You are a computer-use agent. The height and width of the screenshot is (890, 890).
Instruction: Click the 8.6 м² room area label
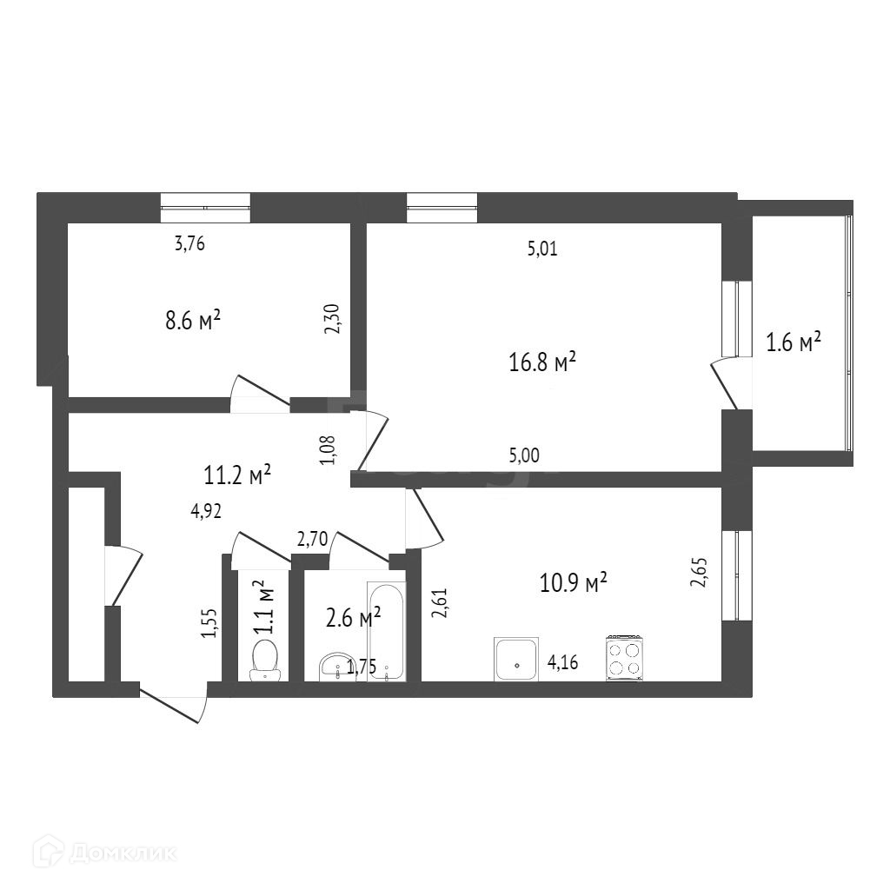(x=192, y=320)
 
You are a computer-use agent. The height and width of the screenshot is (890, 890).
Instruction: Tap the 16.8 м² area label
(x=543, y=362)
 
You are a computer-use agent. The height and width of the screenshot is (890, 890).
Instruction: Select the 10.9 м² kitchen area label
(x=572, y=582)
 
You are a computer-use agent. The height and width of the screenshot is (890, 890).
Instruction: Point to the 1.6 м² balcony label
(x=794, y=342)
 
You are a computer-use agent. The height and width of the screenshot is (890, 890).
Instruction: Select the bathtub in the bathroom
(x=385, y=631)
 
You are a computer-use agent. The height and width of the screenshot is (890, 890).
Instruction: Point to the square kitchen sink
(x=516, y=660)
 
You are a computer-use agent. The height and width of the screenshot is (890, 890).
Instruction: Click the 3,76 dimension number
(x=189, y=244)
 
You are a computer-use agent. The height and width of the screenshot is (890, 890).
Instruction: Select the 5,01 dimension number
(x=541, y=250)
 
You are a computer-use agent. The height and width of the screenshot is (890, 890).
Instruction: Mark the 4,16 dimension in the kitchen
(x=563, y=665)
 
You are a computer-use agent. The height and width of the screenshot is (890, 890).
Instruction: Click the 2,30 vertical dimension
(x=331, y=320)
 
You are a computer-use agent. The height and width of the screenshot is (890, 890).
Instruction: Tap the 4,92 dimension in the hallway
(x=206, y=511)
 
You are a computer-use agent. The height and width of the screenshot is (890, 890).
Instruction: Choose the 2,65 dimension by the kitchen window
(x=700, y=573)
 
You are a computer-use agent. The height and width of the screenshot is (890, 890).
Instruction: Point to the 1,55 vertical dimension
(x=209, y=622)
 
